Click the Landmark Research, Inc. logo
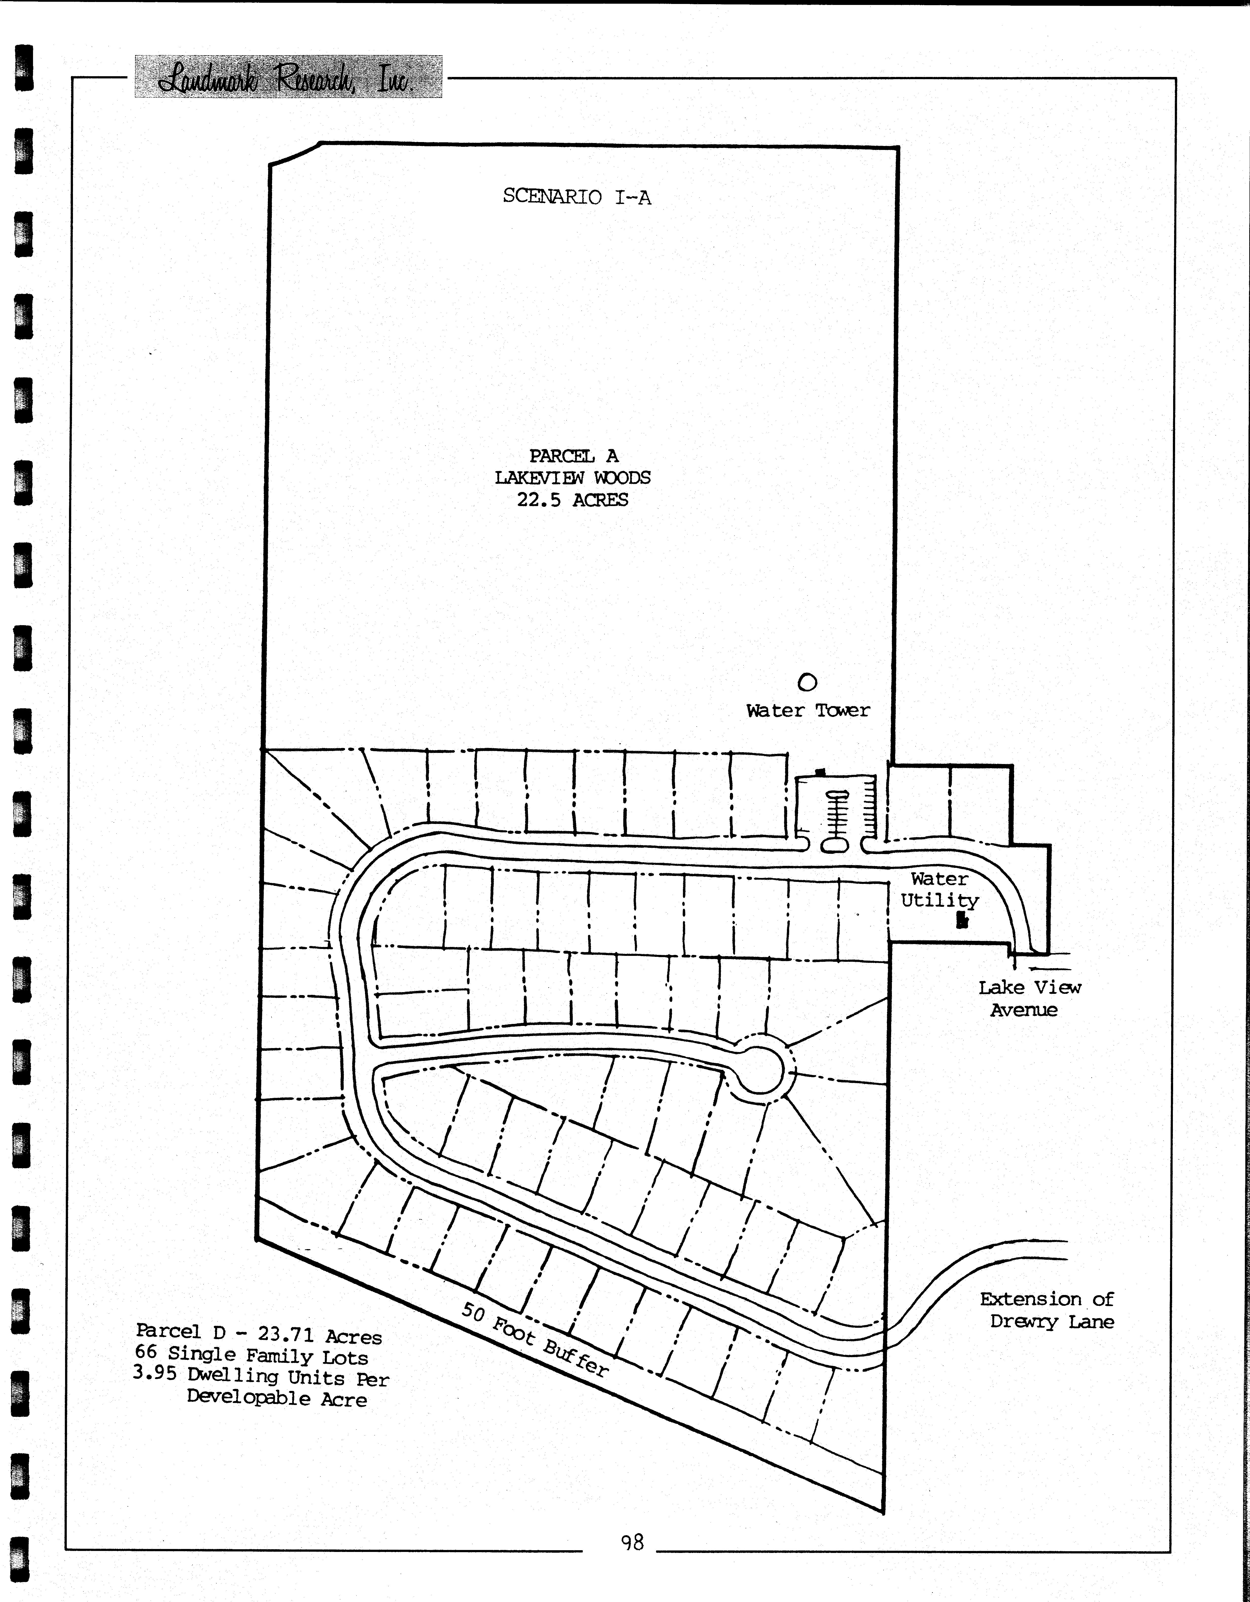[288, 76]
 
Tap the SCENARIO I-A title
[577, 197]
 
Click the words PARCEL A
[573, 456]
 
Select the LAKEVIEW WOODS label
[573, 478]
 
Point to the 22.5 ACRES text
[573, 500]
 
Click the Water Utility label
[940, 890]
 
